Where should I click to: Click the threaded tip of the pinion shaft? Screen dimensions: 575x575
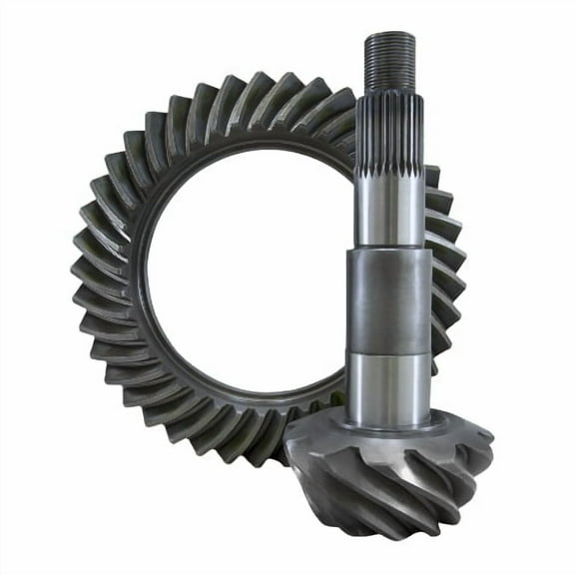coord(389,60)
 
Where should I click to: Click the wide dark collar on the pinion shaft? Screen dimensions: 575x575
coord(389,299)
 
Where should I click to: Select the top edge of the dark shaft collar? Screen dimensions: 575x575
coord(389,251)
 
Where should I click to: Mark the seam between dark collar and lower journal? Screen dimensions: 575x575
coord(389,351)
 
